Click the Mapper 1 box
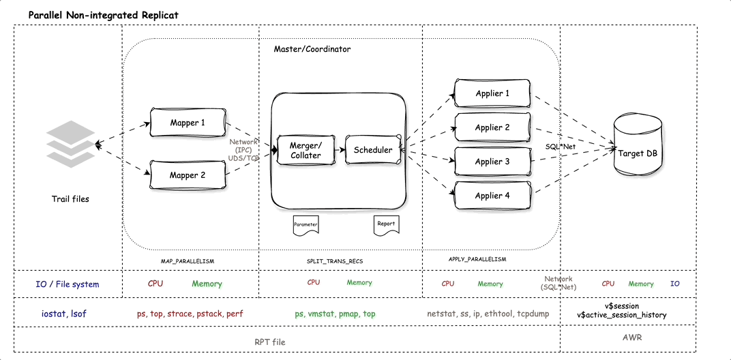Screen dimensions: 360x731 (x=187, y=123)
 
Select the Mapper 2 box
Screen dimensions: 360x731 (x=187, y=175)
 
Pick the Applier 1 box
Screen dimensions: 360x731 (x=492, y=93)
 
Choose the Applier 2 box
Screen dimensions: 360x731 (x=492, y=127)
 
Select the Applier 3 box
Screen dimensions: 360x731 (x=492, y=162)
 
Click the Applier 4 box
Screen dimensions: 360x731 (x=492, y=196)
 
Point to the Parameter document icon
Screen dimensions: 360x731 (x=305, y=224)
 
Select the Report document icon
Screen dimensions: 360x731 (x=385, y=224)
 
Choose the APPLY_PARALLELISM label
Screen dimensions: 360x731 (x=477, y=260)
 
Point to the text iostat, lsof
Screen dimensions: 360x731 (x=58, y=314)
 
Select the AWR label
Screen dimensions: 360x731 (x=632, y=337)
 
